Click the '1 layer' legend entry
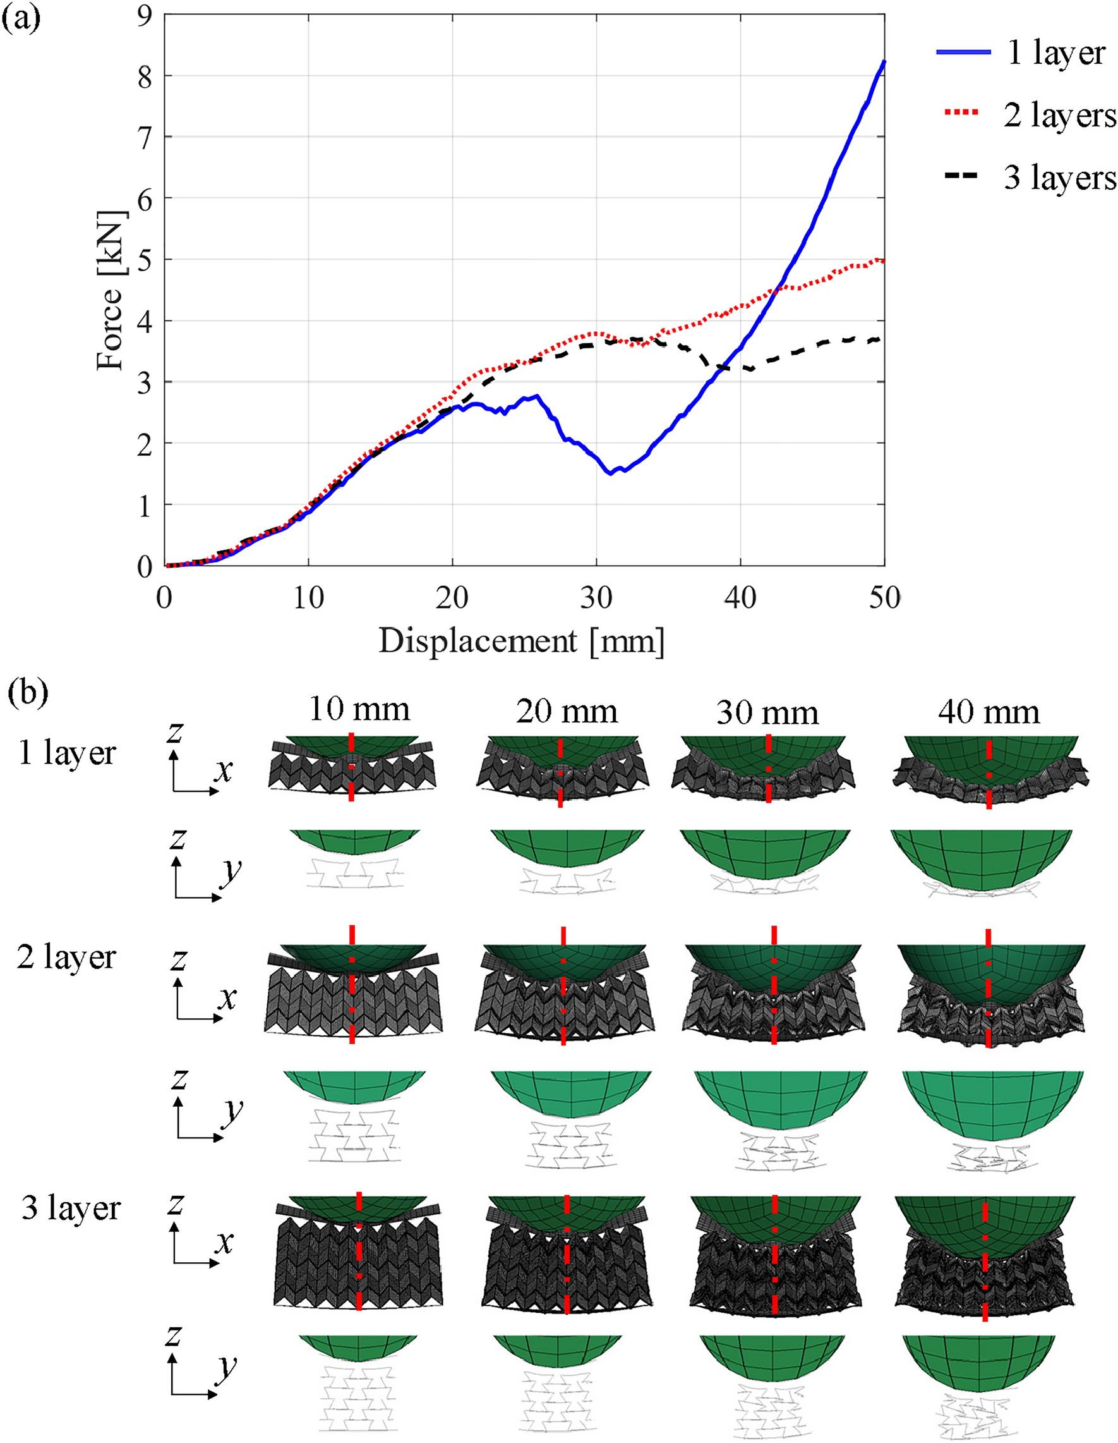pos(1055,53)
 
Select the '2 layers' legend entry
pos(1059,115)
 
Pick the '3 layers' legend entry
pos(1059,177)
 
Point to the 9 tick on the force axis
pos(145,15)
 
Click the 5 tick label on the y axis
pos(145,259)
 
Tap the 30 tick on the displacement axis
pos(596,598)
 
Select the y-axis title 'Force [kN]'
pos(111,291)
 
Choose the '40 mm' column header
pos(989,712)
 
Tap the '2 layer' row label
pos(66,957)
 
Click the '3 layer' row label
pos(71,1208)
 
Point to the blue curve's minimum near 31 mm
pos(610,473)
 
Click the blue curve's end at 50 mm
pos(884,61)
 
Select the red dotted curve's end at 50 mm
pos(884,260)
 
